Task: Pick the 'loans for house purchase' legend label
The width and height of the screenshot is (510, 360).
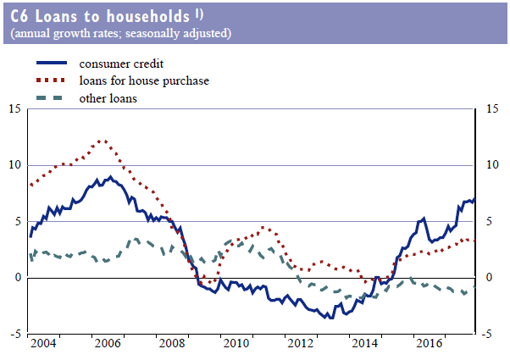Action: (x=144, y=81)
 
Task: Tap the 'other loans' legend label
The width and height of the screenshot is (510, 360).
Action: (x=108, y=98)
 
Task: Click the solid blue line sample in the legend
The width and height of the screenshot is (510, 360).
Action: (x=53, y=64)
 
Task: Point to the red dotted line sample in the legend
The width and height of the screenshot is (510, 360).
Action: (x=53, y=81)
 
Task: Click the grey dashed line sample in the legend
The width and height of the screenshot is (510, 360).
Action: (x=53, y=98)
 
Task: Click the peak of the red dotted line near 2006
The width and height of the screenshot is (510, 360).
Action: (x=103, y=141)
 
